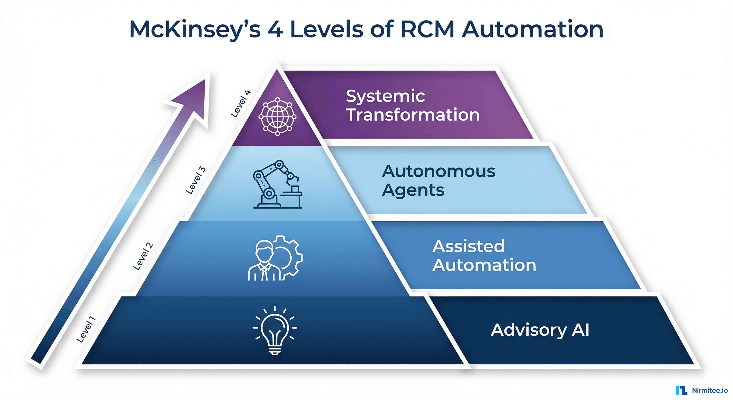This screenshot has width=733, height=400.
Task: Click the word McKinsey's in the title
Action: click(195, 30)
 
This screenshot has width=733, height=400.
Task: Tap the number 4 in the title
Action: click(275, 30)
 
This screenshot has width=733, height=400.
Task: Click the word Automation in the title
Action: click(532, 29)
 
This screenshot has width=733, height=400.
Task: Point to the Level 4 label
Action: click(241, 104)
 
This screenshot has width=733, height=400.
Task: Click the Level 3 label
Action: click(195, 180)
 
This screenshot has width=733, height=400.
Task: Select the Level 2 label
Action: click(143, 256)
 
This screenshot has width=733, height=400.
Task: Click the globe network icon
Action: click(277, 117)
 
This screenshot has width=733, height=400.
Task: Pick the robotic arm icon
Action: click(277, 184)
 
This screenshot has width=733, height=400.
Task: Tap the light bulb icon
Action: click(275, 330)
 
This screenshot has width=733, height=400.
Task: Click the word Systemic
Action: click(385, 96)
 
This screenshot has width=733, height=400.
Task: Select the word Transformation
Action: click(413, 115)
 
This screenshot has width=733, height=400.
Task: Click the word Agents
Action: click(413, 190)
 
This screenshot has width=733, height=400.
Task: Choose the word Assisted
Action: click(468, 246)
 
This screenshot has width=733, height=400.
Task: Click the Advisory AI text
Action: click(540, 330)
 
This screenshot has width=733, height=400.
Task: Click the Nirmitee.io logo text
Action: click(709, 390)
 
